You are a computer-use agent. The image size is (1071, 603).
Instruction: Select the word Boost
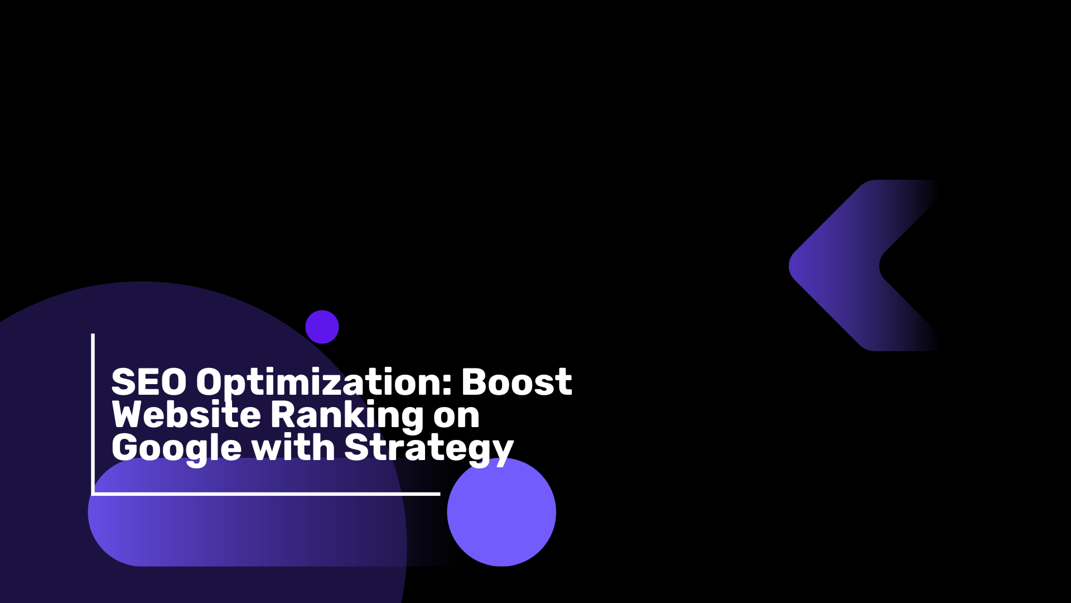tap(517, 382)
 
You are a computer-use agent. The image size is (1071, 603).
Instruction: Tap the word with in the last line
tap(293, 447)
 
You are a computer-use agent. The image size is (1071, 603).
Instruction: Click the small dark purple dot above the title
tap(322, 327)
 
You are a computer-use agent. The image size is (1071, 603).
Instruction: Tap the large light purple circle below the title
tap(501, 512)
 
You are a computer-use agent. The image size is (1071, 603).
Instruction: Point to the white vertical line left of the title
tap(93, 414)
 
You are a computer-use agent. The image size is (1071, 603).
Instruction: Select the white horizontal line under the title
tap(266, 494)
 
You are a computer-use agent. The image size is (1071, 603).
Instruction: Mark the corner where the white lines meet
tap(93, 494)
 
